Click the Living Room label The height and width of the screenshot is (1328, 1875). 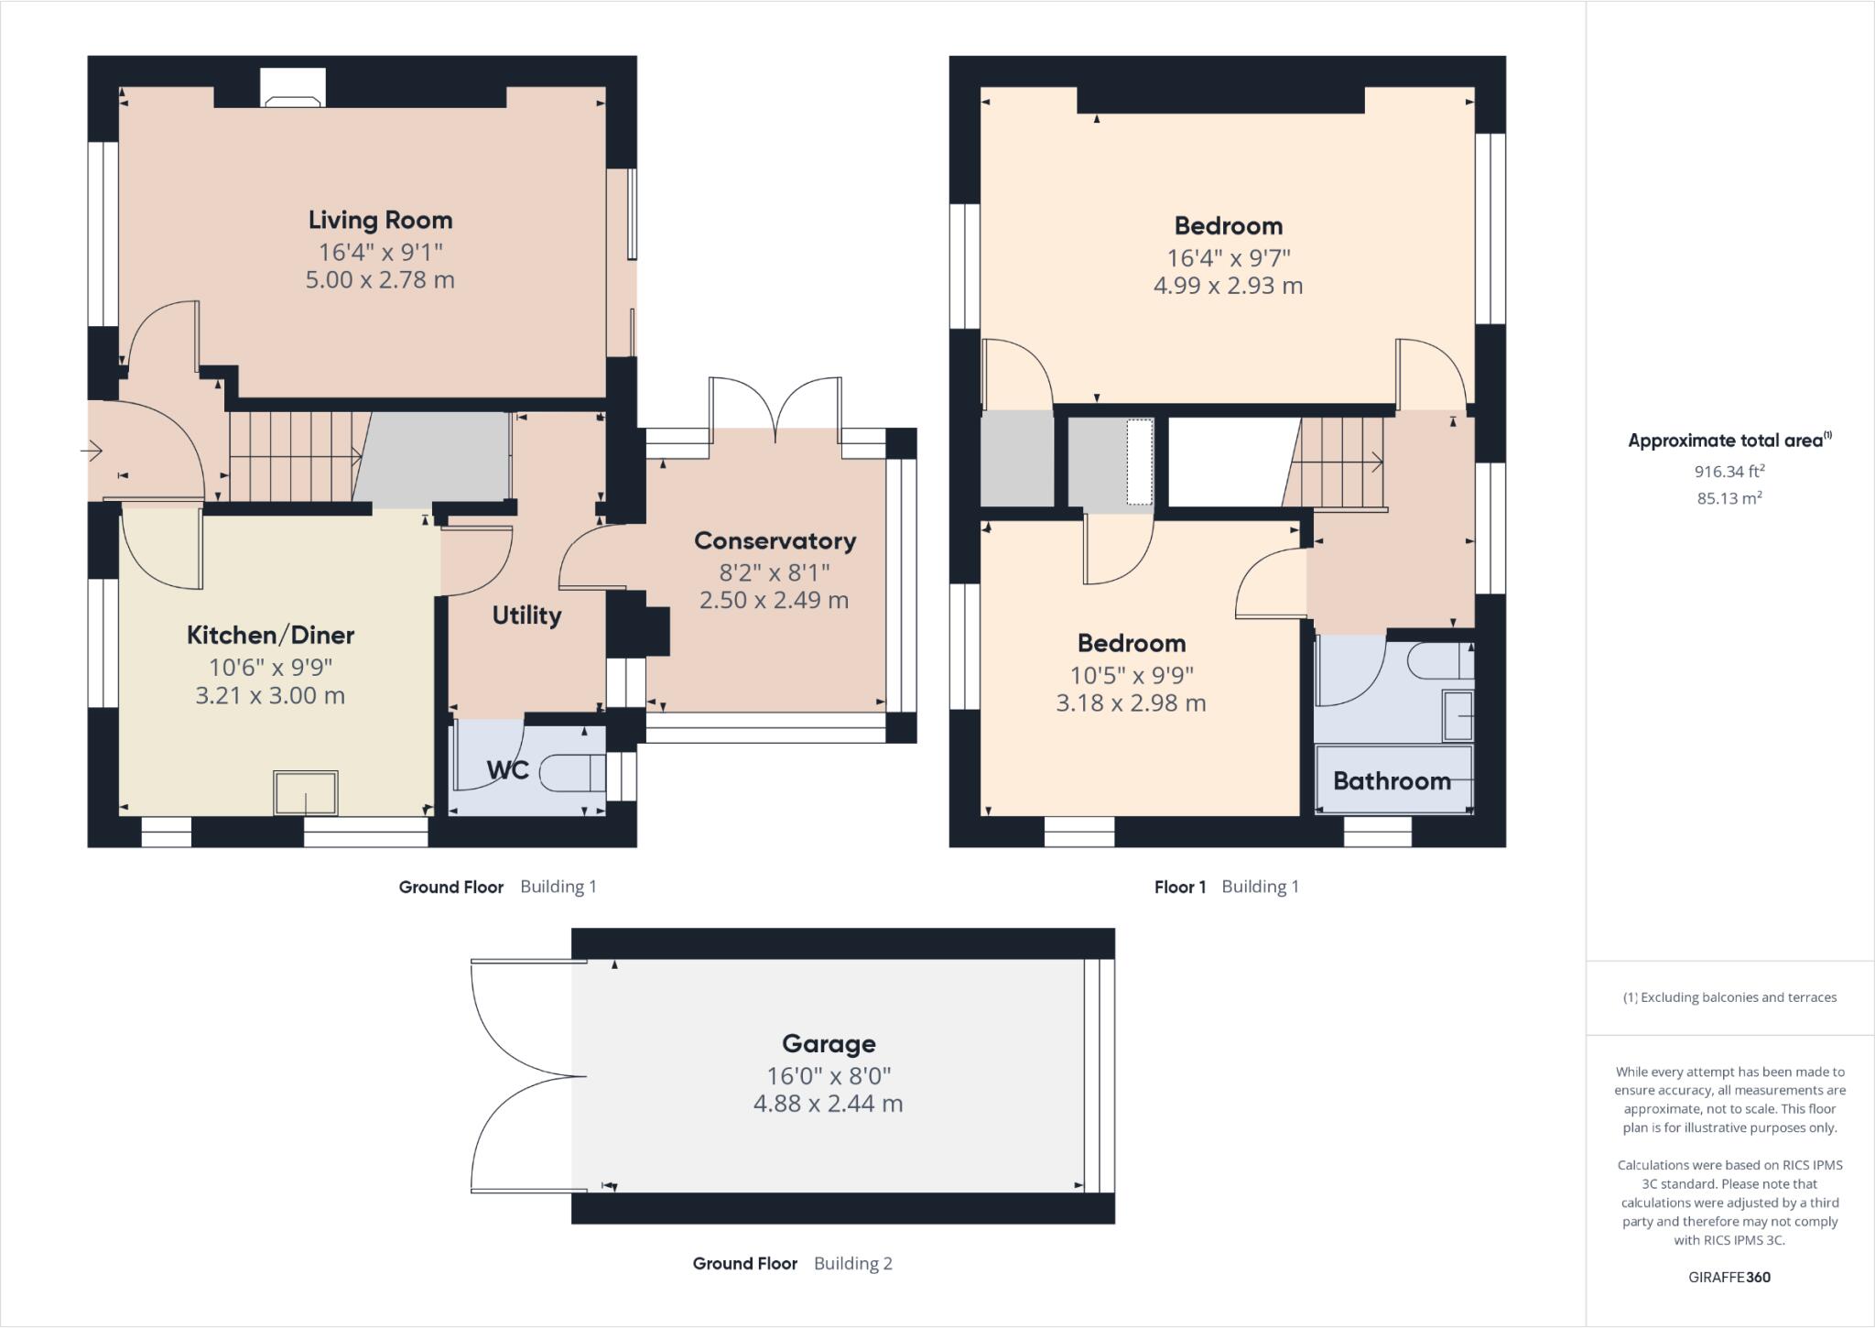pos(380,220)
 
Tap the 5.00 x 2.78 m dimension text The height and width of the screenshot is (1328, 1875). pos(380,280)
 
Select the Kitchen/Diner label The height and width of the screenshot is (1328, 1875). pos(270,635)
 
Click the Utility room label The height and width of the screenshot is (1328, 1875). pos(526,615)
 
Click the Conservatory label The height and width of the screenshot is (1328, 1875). pos(775,540)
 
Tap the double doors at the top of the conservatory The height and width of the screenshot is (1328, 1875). pos(775,408)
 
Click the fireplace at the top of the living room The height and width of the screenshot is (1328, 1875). pos(293,89)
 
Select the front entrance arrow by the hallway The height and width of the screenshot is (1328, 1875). pos(92,451)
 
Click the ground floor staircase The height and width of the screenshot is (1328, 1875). pos(293,456)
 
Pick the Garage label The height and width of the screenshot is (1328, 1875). pos(829,1043)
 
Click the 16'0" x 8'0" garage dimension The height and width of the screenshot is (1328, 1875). pos(829,1075)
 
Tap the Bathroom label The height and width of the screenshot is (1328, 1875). pos(1392,781)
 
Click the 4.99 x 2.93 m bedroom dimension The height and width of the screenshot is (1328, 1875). pos(1228,286)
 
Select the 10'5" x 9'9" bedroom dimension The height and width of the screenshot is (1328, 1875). pos(1132,676)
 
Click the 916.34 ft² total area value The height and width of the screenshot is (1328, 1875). pos(1729,472)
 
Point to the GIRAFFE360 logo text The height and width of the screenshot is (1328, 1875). pos(1729,1277)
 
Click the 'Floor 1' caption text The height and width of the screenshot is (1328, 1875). pos(1180,887)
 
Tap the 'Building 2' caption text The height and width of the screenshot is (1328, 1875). pos(852,1264)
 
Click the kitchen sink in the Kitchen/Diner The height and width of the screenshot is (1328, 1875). pos(306,793)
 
